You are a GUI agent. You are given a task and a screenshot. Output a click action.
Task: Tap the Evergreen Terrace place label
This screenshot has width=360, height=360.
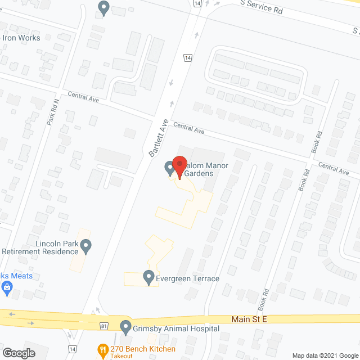coord(188,278)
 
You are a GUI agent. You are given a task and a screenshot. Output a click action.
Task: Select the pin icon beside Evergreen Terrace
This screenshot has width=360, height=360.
coord(148,277)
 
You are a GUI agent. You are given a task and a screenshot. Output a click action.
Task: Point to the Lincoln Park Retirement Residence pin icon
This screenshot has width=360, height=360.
coord(85,246)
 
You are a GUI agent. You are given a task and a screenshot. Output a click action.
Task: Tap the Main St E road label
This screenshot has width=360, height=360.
coord(249,319)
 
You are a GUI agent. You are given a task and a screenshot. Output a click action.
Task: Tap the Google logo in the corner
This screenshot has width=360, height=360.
coord(18,353)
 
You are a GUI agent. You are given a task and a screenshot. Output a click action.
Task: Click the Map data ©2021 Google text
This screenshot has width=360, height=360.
coord(324,355)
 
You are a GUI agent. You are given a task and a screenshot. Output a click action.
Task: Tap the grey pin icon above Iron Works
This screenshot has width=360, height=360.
coord(103,7)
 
